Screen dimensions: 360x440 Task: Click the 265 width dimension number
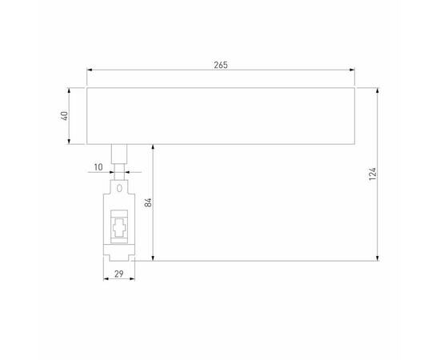[x=221, y=65]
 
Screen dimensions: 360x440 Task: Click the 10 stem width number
[x=98, y=166]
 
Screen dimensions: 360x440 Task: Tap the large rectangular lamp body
[x=221, y=115]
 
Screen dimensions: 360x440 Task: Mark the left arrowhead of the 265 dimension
[x=90, y=70]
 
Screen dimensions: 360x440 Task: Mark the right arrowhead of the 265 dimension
[x=352, y=70]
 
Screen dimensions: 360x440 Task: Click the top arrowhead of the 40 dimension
[x=72, y=89]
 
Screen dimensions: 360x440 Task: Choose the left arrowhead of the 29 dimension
[x=105, y=280]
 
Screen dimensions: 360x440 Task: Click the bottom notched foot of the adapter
[x=120, y=255]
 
